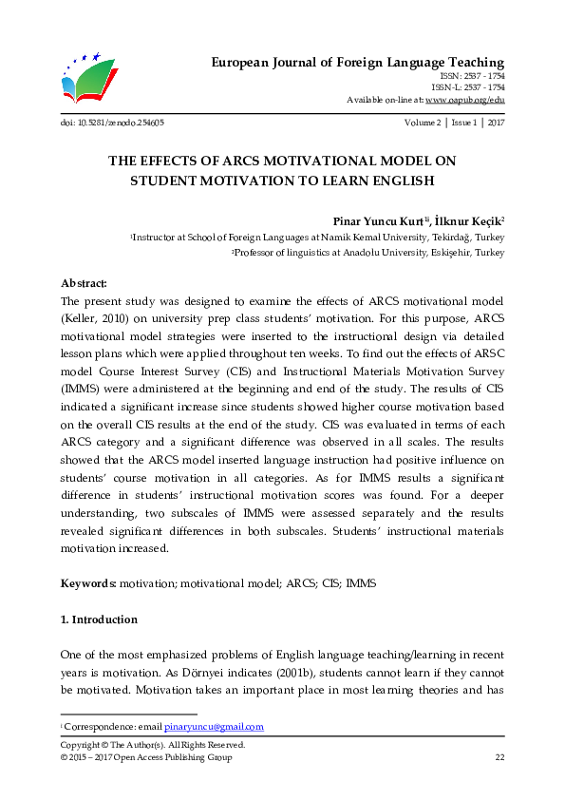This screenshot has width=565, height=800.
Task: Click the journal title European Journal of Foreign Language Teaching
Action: pos(356,63)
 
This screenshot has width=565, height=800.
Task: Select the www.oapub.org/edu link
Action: pos(465,99)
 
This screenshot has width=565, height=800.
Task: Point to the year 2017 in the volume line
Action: pos(496,123)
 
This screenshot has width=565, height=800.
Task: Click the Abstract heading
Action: pos(84,283)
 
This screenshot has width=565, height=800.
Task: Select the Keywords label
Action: pos(88,581)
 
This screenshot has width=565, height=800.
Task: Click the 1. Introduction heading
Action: pos(99,619)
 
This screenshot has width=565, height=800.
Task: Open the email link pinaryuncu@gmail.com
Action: pos(214,727)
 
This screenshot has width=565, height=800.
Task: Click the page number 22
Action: pos(499,757)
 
